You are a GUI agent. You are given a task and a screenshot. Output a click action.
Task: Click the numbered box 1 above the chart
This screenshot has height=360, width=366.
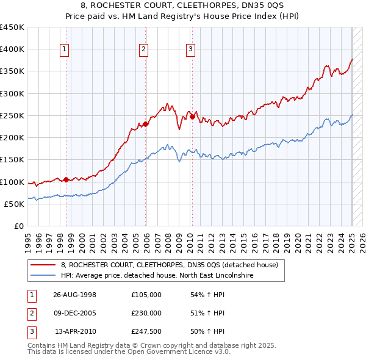[x=64, y=50]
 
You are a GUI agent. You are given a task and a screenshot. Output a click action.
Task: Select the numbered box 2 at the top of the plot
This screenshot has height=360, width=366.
[x=143, y=50]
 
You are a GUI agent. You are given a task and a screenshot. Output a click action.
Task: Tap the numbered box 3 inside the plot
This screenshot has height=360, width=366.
[x=190, y=50]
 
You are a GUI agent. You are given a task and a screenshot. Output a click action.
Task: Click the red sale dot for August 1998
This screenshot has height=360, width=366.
[x=66, y=180]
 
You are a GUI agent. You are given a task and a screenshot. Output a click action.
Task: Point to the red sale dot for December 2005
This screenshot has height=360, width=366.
[x=146, y=124]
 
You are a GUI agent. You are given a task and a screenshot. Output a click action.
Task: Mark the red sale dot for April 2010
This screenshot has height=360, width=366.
[x=192, y=117]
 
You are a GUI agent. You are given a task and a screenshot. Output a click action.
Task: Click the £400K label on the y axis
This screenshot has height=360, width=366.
[x=12, y=49]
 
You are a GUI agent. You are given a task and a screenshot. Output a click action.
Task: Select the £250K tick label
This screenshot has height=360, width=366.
[x=12, y=115]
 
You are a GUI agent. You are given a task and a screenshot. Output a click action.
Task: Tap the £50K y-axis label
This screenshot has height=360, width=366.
[x=15, y=204]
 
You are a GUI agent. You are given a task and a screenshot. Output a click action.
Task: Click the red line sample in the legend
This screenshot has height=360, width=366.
[x=43, y=265]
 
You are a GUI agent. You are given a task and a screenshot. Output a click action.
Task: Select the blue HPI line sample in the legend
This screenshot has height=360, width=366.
[x=43, y=275]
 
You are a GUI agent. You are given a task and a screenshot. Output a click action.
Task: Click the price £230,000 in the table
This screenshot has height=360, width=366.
[x=146, y=312]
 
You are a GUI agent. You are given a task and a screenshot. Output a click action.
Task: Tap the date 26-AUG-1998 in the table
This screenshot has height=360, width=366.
[x=75, y=294]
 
